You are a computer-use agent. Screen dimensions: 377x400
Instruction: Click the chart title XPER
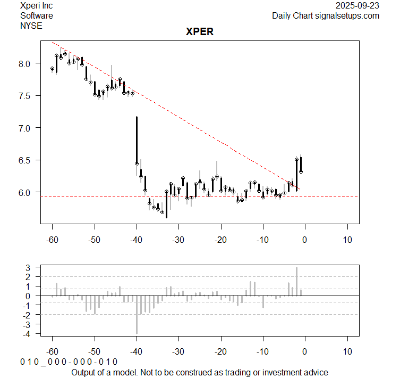click(x=199, y=31)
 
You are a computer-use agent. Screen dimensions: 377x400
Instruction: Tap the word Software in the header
click(x=37, y=15)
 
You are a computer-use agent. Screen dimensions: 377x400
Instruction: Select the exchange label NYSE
click(x=31, y=25)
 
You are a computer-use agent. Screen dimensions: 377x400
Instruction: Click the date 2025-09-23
click(x=358, y=6)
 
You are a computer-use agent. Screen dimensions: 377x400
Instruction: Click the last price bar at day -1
click(x=301, y=165)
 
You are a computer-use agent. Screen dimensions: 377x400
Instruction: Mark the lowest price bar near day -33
click(x=166, y=205)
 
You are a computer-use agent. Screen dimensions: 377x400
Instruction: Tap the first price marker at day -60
click(x=53, y=69)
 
